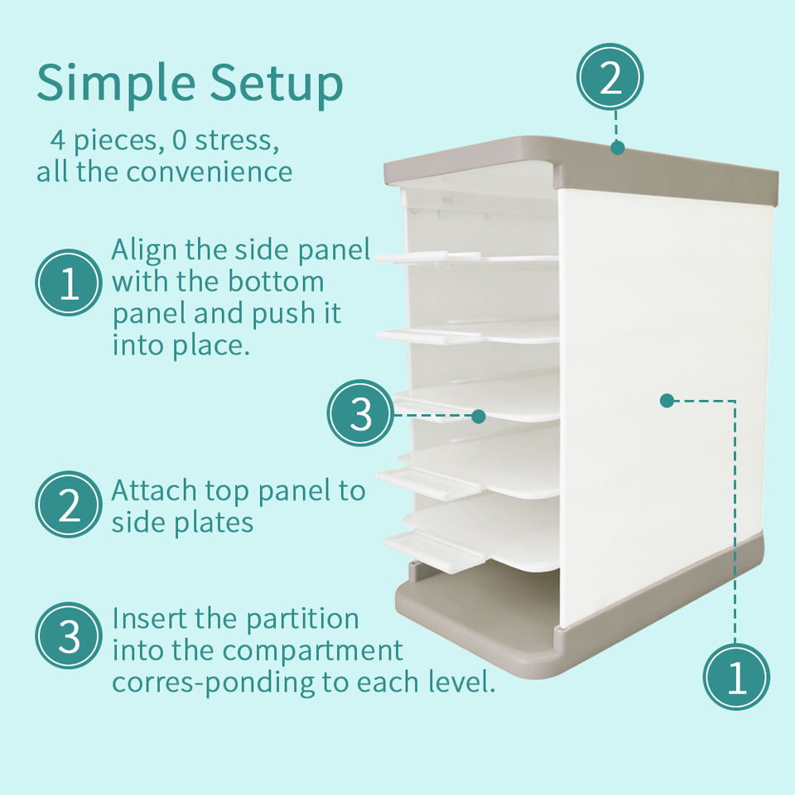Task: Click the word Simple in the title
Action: click(116, 84)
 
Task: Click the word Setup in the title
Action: click(277, 84)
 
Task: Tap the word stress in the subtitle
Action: click(237, 141)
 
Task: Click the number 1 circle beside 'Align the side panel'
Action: click(69, 282)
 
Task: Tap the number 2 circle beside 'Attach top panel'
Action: click(69, 504)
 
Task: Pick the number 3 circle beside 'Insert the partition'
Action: click(69, 635)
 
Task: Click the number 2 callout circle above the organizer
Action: click(610, 76)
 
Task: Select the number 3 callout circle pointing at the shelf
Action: click(360, 412)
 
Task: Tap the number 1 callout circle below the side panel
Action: click(736, 677)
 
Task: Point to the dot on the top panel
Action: click(617, 147)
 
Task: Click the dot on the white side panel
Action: click(667, 401)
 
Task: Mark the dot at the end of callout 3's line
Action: click(478, 417)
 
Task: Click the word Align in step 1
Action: click(143, 251)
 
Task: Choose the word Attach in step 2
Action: click(154, 491)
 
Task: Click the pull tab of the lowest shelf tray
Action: click(434, 552)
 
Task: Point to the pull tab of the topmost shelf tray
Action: click(427, 258)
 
